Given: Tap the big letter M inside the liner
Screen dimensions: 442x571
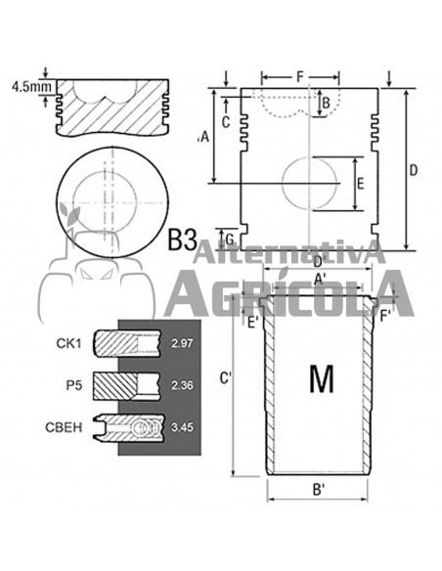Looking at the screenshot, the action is pos(322,378).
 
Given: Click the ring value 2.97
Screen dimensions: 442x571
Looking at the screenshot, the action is pos(182,343).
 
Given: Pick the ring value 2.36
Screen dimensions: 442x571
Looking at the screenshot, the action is pos(182,385).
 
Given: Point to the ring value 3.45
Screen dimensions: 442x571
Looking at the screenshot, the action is pos(182,427).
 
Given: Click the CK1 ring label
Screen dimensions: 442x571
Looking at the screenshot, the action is pos(68,343).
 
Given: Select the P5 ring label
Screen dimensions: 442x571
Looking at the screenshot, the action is pos(74,385).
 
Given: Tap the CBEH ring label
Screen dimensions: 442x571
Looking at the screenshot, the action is pos(64,427).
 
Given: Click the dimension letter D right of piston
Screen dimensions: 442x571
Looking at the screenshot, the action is pos(413,170).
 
